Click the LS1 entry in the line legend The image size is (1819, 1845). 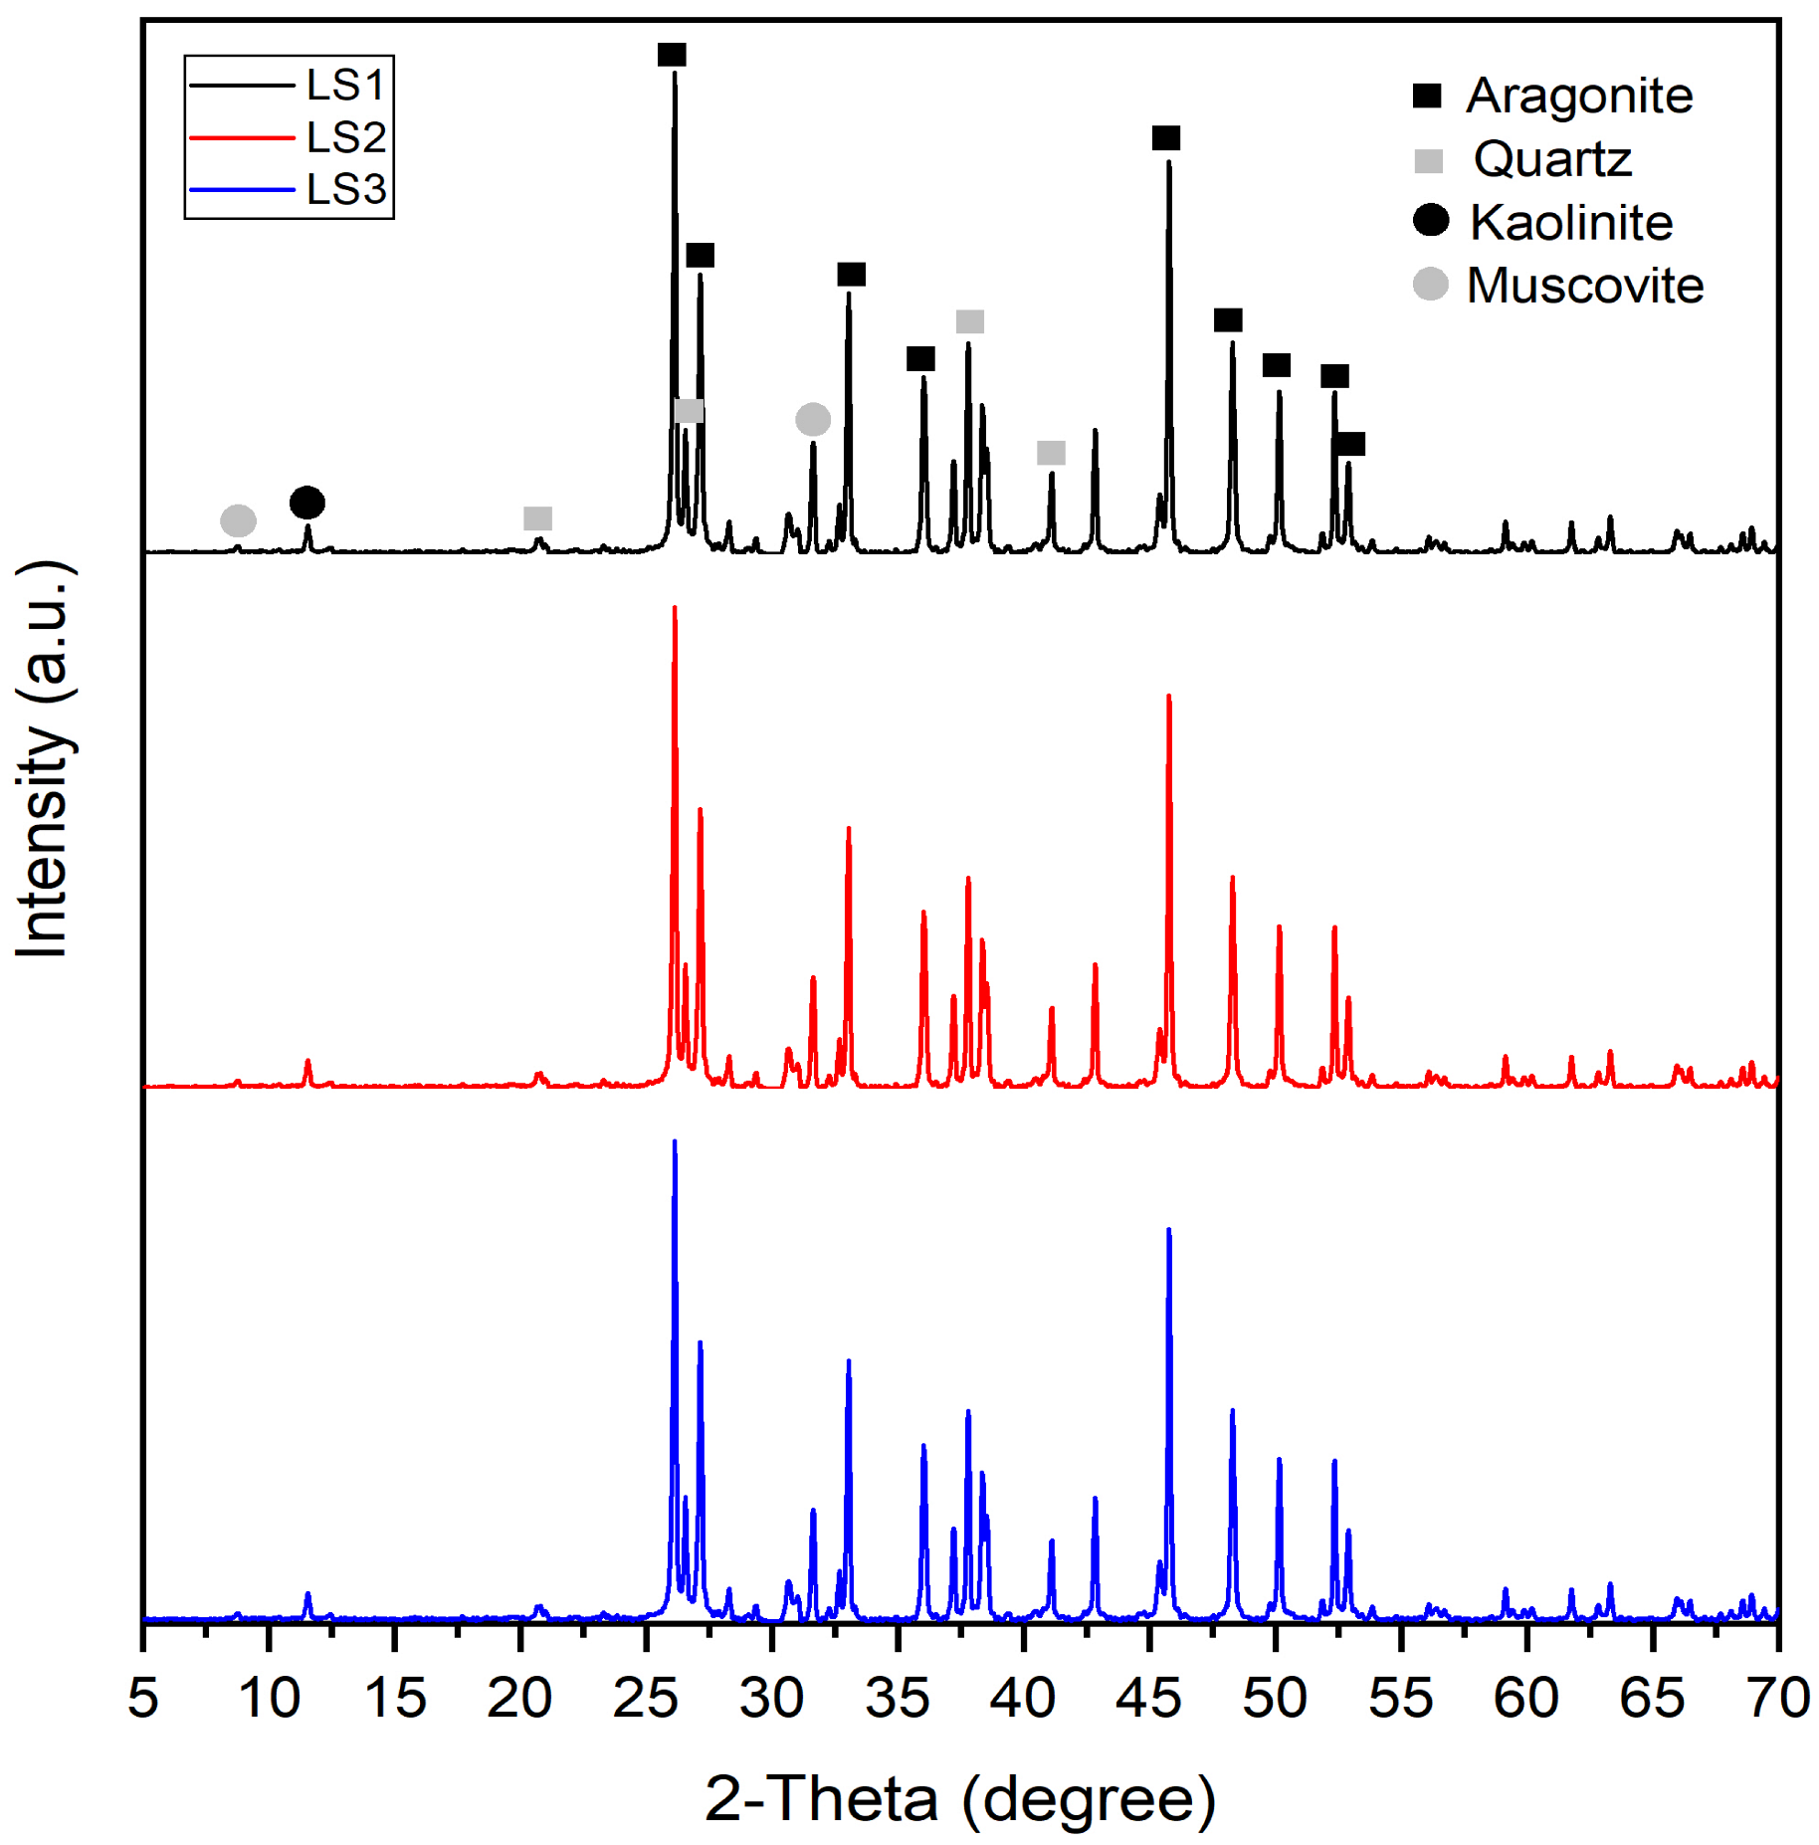pyautogui.click(x=344, y=86)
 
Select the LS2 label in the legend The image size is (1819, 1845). pyautogui.click(x=344, y=137)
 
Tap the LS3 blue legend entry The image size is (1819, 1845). pyautogui.click(x=344, y=189)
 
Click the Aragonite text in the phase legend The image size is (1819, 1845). pyautogui.click(x=1578, y=97)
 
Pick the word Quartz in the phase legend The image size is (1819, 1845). pyautogui.click(x=1552, y=159)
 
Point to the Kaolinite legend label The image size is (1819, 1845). pyautogui.click(x=1571, y=222)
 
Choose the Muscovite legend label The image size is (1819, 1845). pyautogui.click(x=1584, y=286)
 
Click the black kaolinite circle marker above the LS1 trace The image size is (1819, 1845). pyautogui.click(x=306, y=503)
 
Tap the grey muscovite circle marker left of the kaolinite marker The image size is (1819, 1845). pyautogui.click(x=238, y=519)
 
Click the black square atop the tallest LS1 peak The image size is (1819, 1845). pyautogui.click(x=672, y=55)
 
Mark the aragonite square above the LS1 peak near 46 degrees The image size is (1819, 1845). pyautogui.click(x=1165, y=138)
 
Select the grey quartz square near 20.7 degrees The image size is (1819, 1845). pyautogui.click(x=537, y=518)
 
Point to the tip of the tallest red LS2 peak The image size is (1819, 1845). pyautogui.click(x=675, y=608)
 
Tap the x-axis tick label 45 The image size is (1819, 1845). pyautogui.click(x=1148, y=1698)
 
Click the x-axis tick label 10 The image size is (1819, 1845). pyautogui.click(x=269, y=1698)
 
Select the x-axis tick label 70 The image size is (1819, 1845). pyautogui.click(x=1777, y=1698)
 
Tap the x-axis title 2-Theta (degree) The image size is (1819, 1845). pyautogui.click(x=960, y=1799)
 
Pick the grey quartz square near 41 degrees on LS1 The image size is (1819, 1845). pyautogui.click(x=1051, y=453)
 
